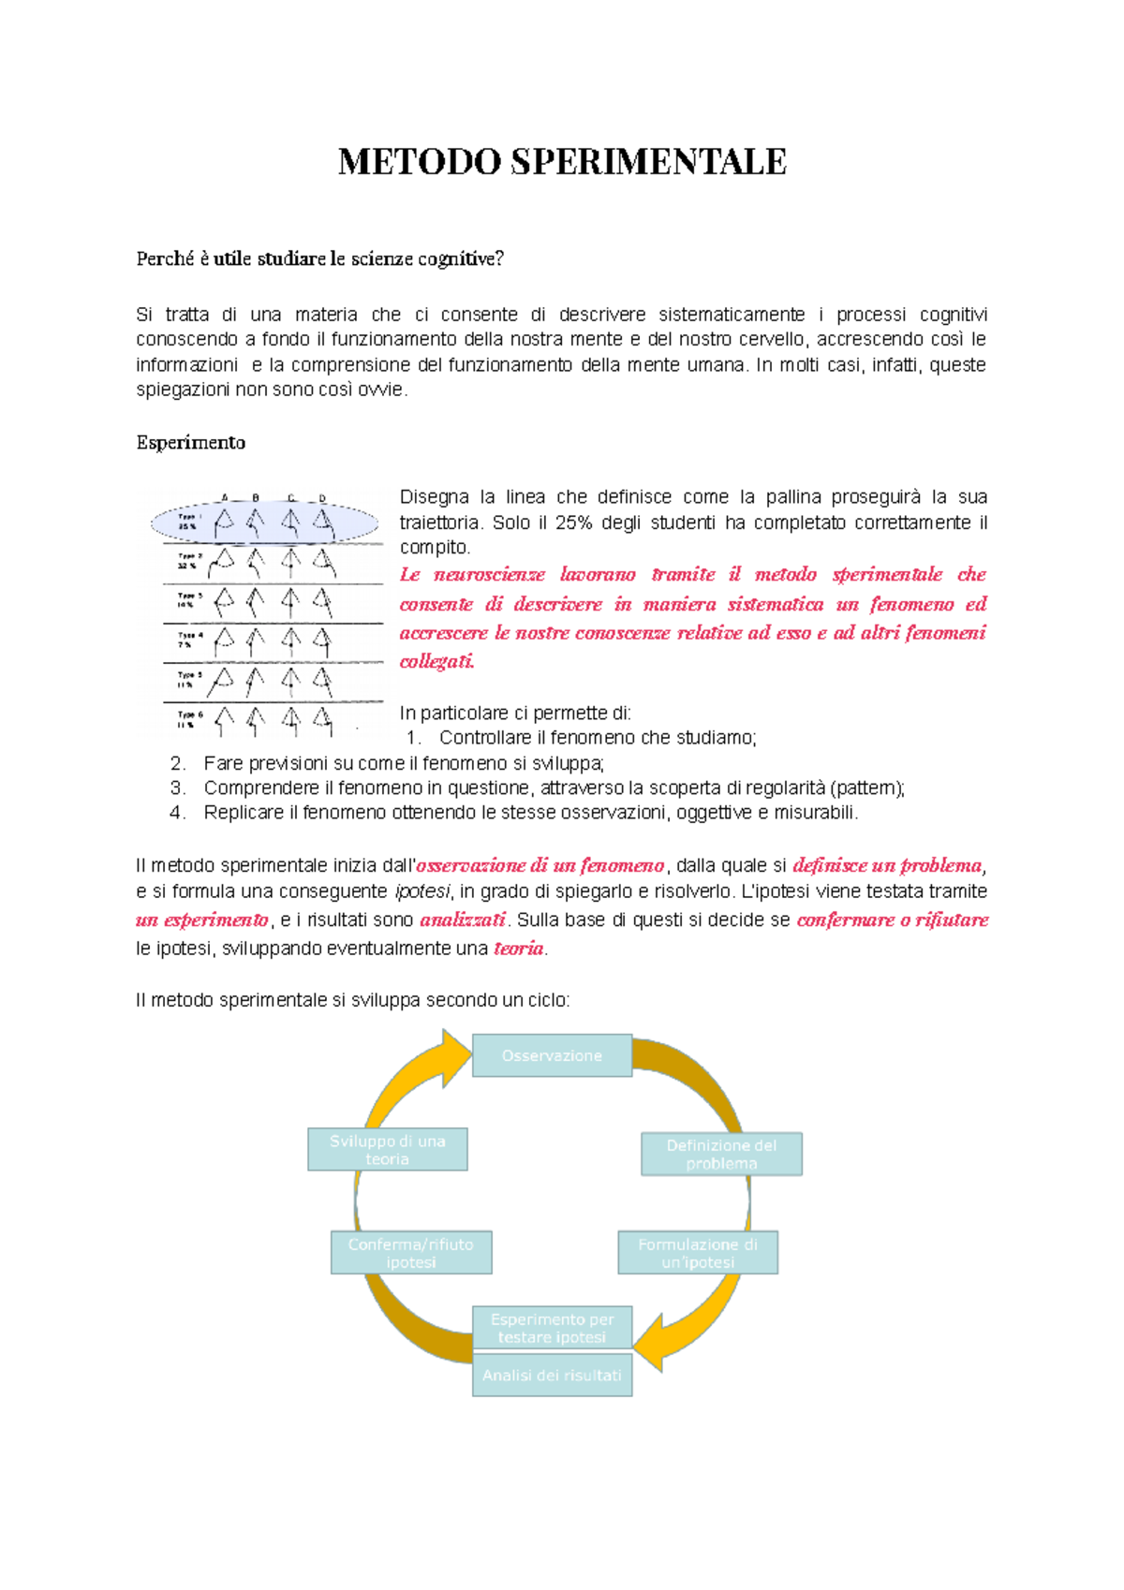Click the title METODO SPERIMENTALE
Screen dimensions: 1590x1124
pos(562,161)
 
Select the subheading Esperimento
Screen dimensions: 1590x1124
pos(190,442)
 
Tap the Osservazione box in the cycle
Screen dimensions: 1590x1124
pos(552,1055)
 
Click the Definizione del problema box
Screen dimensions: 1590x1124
pos(721,1154)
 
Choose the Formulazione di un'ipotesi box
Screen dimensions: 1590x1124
pos(698,1253)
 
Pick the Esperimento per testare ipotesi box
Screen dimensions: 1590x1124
pos(552,1328)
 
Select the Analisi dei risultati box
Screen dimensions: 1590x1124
pos(552,1375)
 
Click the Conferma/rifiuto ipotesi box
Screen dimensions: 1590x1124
pos(410,1253)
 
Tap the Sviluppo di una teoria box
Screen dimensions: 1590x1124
pos(387,1149)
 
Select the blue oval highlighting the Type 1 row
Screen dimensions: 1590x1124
pos(265,522)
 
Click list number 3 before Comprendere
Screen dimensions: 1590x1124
pos(178,788)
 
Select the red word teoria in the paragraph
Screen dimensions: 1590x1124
pos(518,948)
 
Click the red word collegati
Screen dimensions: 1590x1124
pos(436,661)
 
